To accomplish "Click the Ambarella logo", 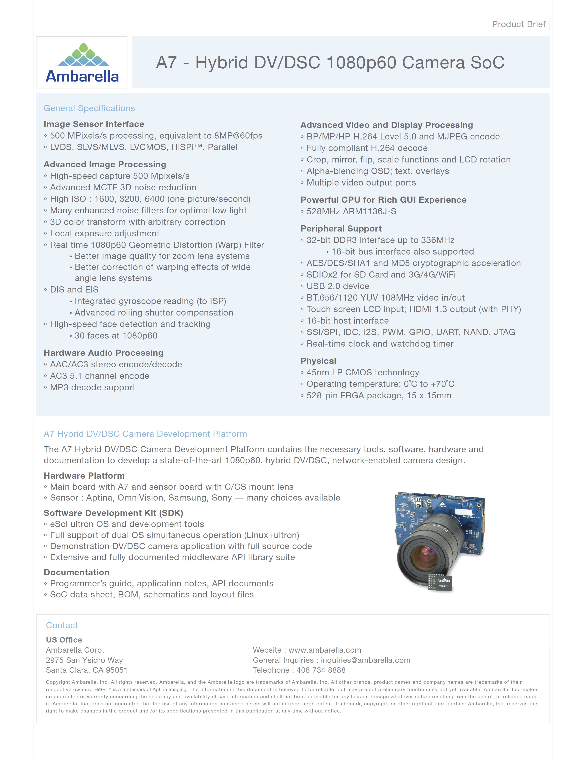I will (82, 63).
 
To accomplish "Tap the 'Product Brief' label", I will (518, 24).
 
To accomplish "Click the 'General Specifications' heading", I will (89, 108).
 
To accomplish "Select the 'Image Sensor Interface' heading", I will (94, 124).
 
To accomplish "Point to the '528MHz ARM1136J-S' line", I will (351, 211).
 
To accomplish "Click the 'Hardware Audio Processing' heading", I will (103, 353).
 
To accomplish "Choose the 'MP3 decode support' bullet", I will (92, 388).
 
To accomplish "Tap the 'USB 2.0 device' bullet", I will (337, 286).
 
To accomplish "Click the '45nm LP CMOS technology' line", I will (363, 373).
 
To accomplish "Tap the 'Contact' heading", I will (62, 625).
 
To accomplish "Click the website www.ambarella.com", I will (325, 650).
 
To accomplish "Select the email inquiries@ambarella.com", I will (365, 660).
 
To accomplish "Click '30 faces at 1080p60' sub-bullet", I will (116, 336).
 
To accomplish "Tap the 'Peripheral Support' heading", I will (341, 229).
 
